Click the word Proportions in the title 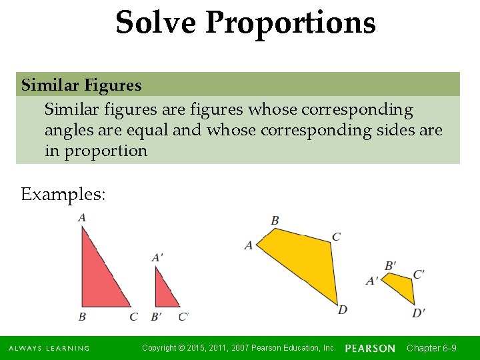pyautogui.click(x=291, y=23)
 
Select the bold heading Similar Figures pyautogui.click(x=81, y=85)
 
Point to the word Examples pyautogui.click(x=63, y=195)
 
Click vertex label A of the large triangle pyautogui.click(x=82, y=217)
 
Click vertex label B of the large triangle pyautogui.click(x=82, y=317)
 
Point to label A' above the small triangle pyautogui.click(x=158, y=257)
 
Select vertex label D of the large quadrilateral pyautogui.click(x=343, y=310)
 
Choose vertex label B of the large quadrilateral pyautogui.click(x=275, y=221)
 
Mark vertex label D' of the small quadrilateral pyautogui.click(x=419, y=313)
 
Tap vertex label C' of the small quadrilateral pyautogui.click(x=419, y=274)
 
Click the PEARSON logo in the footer pyautogui.click(x=370, y=348)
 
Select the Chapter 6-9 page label pyautogui.click(x=431, y=348)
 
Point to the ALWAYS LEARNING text pyautogui.click(x=49, y=349)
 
